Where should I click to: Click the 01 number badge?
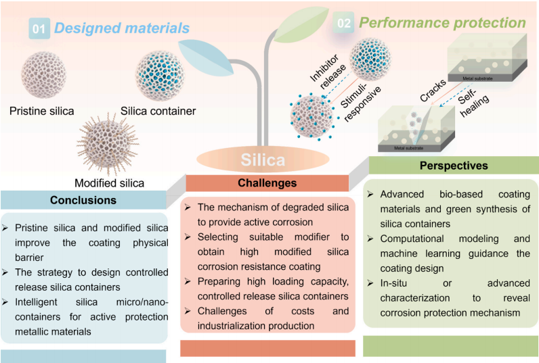click(x=40, y=28)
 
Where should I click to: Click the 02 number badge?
click(x=344, y=24)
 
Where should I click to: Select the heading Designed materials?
click(x=122, y=28)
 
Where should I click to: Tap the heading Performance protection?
click(x=443, y=23)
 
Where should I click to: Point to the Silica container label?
click(x=158, y=111)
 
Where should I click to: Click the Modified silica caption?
click(x=109, y=183)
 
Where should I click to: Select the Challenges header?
click(x=267, y=183)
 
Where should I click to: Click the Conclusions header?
click(x=83, y=200)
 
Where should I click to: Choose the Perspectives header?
click(x=453, y=166)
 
